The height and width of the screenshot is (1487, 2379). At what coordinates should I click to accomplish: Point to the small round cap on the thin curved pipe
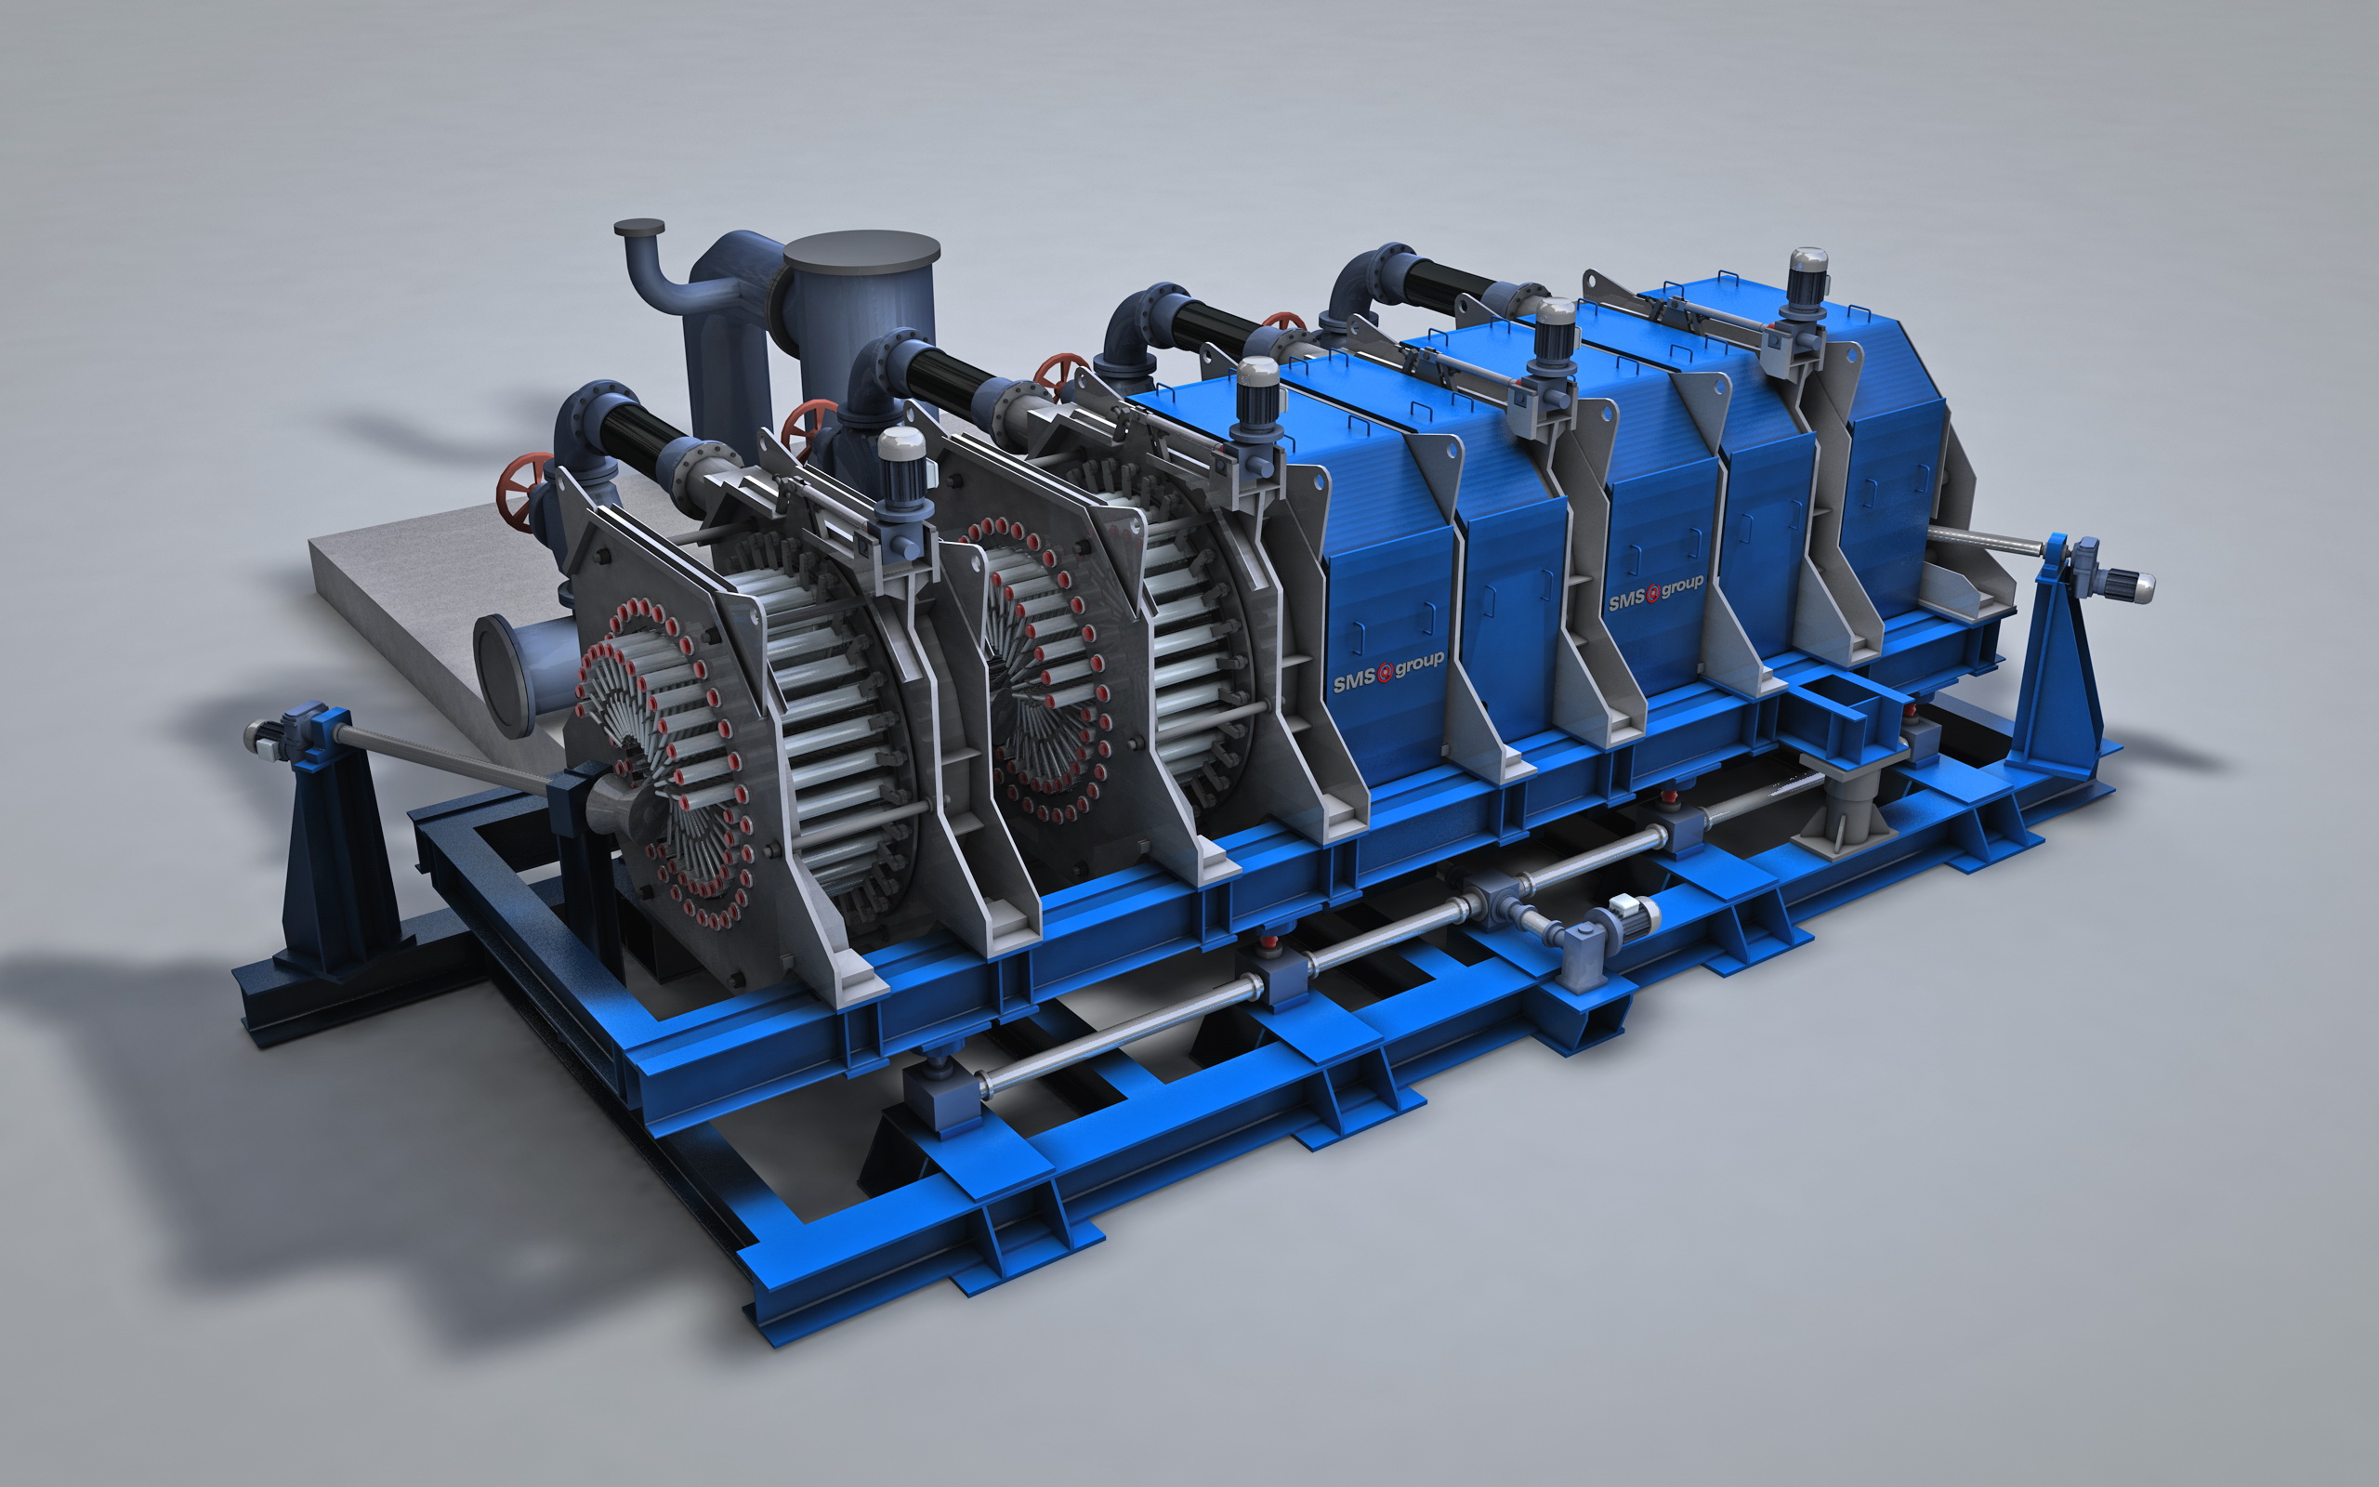click(x=639, y=227)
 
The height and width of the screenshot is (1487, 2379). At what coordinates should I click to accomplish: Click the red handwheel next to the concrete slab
click(x=521, y=490)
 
